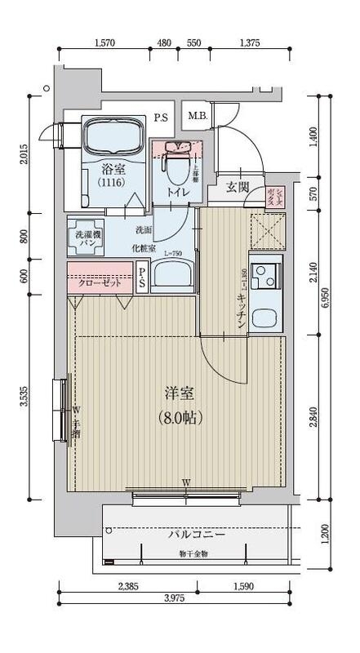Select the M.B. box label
point(198,115)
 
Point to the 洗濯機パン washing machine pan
point(85,238)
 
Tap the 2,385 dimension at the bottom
point(127,586)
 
